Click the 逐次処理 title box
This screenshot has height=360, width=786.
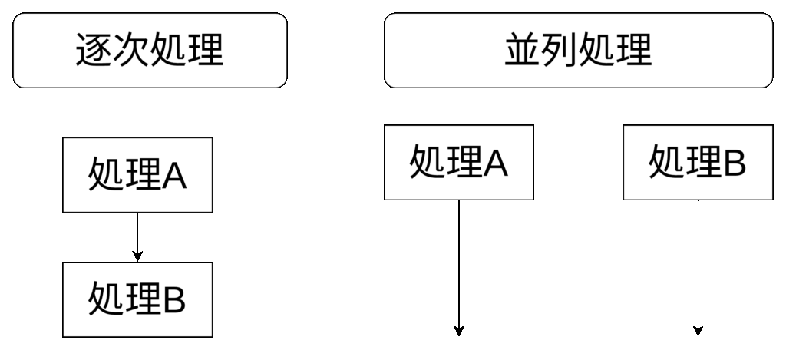pyautogui.click(x=150, y=50)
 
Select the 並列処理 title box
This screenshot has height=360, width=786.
pyautogui.click(x=577, y=50)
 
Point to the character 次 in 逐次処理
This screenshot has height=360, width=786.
pyautogui.click(x=131, y=51)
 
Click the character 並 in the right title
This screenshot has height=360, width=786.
pyautogui.click(x=523, y=51)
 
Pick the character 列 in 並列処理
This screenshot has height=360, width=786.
pyautogui.click(x=560, y=51)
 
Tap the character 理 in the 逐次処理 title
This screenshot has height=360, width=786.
pyautogui.click(x=205, y=51)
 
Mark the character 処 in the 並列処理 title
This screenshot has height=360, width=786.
pyautogui.click(x=596, y=51)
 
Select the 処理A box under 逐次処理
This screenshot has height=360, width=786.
pyautogui.click(x=137, y=176)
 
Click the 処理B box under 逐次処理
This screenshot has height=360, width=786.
pyautogui.click(x=137, y=299)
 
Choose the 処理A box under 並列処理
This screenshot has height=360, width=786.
pyautogui.click(x=459, y=162)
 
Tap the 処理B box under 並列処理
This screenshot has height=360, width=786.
pyautogui.click(x=698, y=162)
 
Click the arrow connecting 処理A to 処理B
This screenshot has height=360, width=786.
pyautogui.click(x=137, y=236)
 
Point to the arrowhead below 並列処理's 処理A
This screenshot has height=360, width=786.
pyautogui.click(x=459, y=331)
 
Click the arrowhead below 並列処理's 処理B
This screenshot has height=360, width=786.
pyautogui.click(x=698, y=331)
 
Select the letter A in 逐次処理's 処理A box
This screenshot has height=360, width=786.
pyautogui.click(x=173, y=177)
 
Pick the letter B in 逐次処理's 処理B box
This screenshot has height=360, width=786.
pyautogui.click(x=173, y=300)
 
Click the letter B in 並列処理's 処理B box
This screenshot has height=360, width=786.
pyautogui.click(x=734, y=163)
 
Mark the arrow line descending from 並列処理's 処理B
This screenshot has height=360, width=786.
pyautogui.click(x=698, y=261)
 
